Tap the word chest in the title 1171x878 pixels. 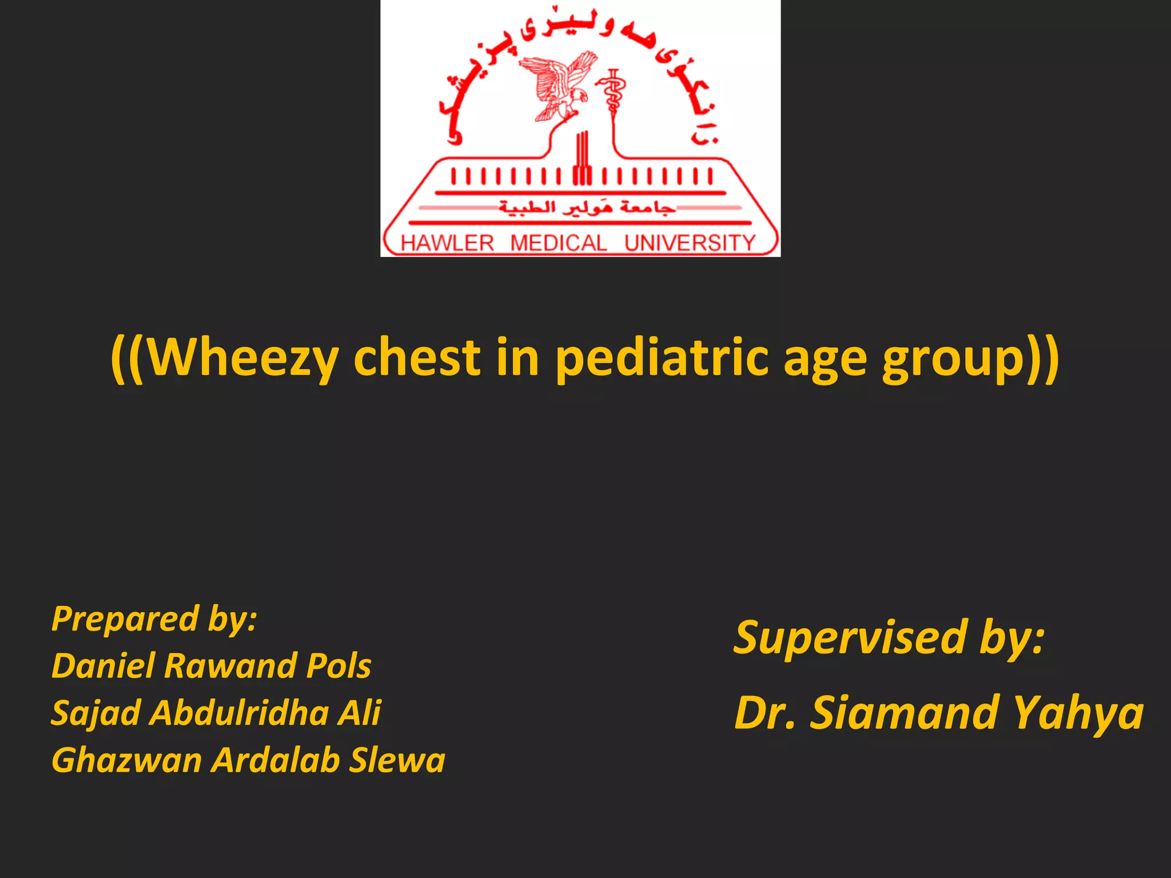[417, 357]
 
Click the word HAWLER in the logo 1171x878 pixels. [447, 243]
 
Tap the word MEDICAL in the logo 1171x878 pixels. [559, 243]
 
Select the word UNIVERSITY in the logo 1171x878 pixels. [690, 243]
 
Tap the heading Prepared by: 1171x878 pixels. [154, 618]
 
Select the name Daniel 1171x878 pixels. [103, 666]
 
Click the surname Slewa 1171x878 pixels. [397, 760]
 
